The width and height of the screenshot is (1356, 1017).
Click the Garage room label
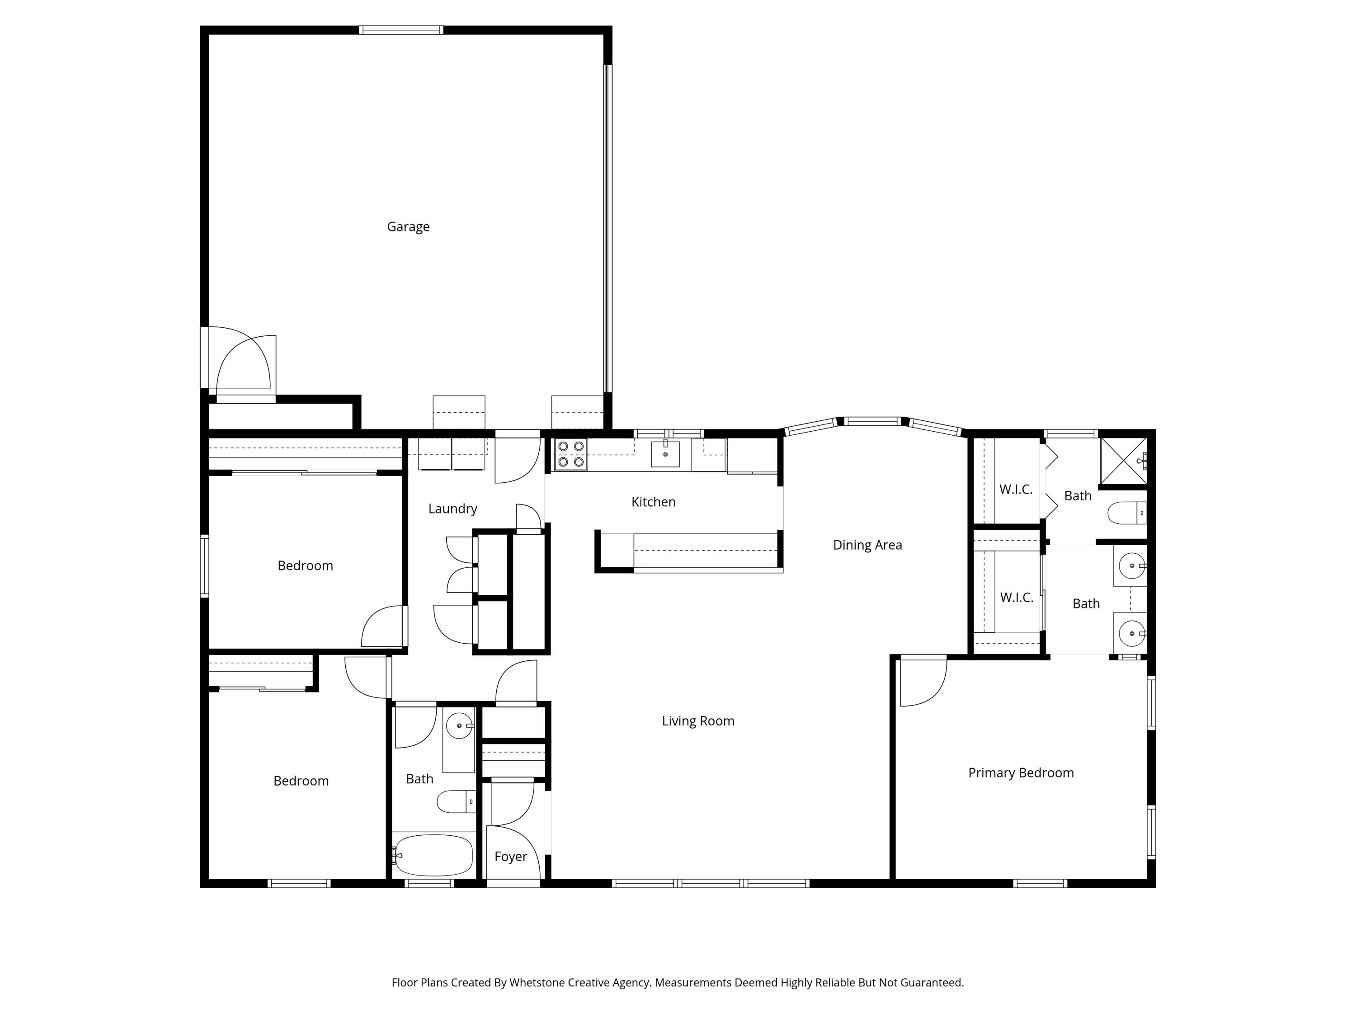coord(408,227)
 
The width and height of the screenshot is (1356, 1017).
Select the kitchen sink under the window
coord(665,454)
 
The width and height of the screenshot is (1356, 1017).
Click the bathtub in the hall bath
coord(433,855)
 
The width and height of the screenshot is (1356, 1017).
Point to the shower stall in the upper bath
coord(1123,461)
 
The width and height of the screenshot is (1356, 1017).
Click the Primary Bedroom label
coord(1021,773)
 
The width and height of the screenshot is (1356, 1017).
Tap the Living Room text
coord(697,721)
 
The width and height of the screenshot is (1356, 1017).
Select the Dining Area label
coord(867,545)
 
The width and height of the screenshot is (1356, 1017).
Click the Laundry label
coord(452,509)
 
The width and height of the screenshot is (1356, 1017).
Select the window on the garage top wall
coord(401,29)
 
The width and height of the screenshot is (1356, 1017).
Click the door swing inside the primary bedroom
coord(923,682)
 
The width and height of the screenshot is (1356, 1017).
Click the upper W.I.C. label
coord(1016,489)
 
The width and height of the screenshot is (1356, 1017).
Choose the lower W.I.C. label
coord(1017,598)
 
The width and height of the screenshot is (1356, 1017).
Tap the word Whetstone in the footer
coord(537,983)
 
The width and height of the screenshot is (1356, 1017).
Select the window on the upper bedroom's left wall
coord(205,565)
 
